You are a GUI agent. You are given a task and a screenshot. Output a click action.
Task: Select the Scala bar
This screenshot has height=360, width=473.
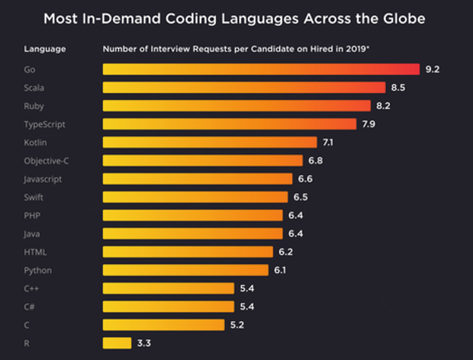click(244, 88)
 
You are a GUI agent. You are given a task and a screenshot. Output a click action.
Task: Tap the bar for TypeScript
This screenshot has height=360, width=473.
click(229, 124)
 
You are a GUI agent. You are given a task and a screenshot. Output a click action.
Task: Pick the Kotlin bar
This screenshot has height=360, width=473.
click(210, 142)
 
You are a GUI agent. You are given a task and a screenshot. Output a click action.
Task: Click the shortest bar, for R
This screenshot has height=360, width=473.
click(117, 343)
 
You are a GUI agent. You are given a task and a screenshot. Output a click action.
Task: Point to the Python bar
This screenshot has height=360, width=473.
click(185, 270)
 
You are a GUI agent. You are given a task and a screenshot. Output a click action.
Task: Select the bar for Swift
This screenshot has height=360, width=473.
click(195, 197)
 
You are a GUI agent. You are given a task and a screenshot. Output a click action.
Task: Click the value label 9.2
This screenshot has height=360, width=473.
click(433, 69)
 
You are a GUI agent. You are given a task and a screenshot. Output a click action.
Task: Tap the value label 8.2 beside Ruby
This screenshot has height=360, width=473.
click(384, 106)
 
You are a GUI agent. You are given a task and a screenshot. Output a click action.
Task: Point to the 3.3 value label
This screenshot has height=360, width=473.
click(144, 343)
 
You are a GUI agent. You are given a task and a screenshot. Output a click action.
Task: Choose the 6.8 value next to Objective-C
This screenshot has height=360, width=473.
click(316, 160)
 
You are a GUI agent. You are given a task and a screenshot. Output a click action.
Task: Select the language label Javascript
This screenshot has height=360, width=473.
click(43, 179)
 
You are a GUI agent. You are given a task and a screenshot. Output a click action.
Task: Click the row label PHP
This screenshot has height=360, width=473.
click(32, 216)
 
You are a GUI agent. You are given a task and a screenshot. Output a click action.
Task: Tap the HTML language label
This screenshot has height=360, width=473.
click(34, 252)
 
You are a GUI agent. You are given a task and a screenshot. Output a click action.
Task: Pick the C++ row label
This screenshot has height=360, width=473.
click(32, 288)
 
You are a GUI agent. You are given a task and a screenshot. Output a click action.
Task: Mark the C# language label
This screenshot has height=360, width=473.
click(30, 307)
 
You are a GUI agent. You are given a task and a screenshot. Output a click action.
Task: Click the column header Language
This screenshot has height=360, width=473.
click(44, 49)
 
